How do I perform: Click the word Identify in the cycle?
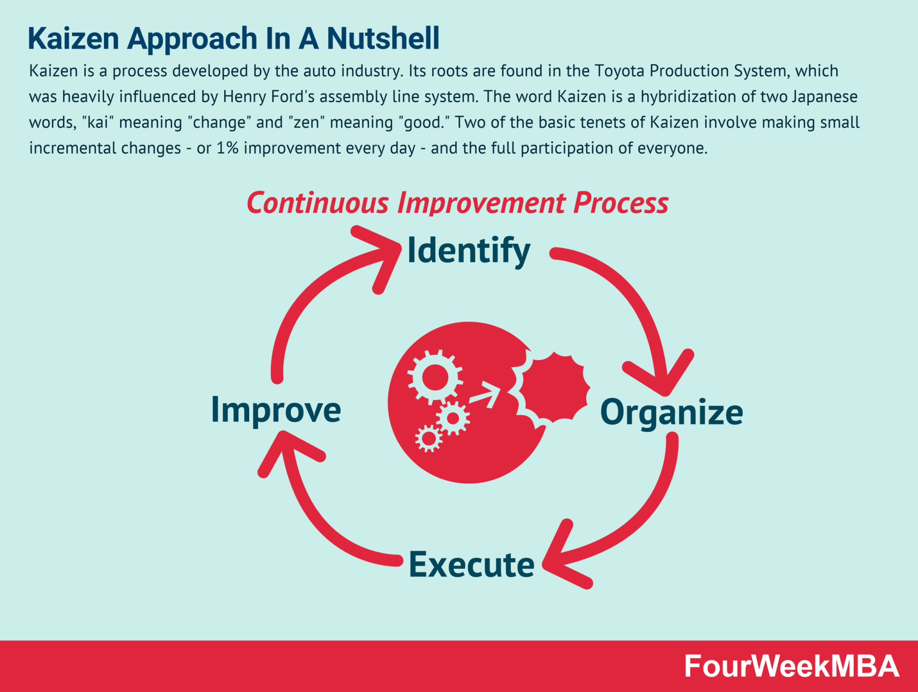pyautogui.click(x=468, y=251)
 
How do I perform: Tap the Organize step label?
pyautogui.click(x=671, y=412)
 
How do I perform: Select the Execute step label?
pyautogui.click(x=472, y=565)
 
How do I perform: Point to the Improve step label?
pyautogui.click(x=276, y=410)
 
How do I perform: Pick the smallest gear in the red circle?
pyautogui.click(x=429, y=438)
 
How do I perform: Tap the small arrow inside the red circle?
pyautogui.click(x=486, y=394)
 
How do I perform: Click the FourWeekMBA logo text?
pyautogui.click(x=791, y=666)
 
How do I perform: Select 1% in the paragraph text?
pyautogui.click(x=227, y=148)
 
